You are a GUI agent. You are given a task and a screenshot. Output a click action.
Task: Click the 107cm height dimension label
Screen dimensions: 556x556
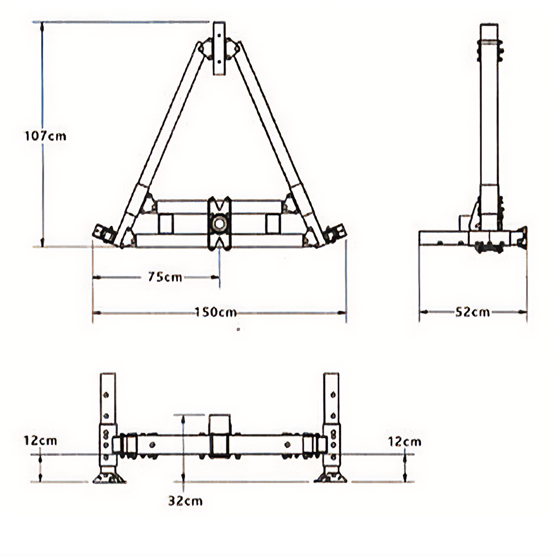[45, 135]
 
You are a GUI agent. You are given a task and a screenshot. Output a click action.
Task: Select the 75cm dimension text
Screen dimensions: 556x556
[165, 277]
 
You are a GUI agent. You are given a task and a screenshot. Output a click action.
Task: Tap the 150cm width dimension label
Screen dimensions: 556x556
[216, 312]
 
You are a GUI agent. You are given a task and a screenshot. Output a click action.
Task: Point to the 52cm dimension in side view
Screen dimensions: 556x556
[473, 312]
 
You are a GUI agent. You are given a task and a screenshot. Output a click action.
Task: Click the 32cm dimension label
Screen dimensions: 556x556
[186, 501]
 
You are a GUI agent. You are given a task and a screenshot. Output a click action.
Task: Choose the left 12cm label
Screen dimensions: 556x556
[40, 440]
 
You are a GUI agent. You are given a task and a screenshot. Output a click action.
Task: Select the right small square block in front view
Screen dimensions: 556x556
[273, 224]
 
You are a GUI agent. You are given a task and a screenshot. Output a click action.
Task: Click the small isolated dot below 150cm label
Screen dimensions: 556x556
[238, 330]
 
